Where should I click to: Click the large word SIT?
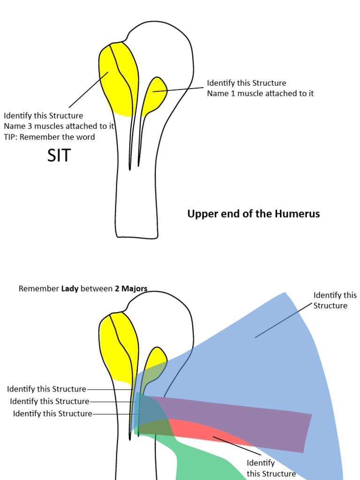(x=59, y=156)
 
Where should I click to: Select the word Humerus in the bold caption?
(x=298, y=214)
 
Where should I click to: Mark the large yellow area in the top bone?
(x=117, y=84)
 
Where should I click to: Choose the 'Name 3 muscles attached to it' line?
(x=59, y=126)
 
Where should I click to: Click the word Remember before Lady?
(x=39, y=289)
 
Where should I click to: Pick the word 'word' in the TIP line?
(x=85, y=137)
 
